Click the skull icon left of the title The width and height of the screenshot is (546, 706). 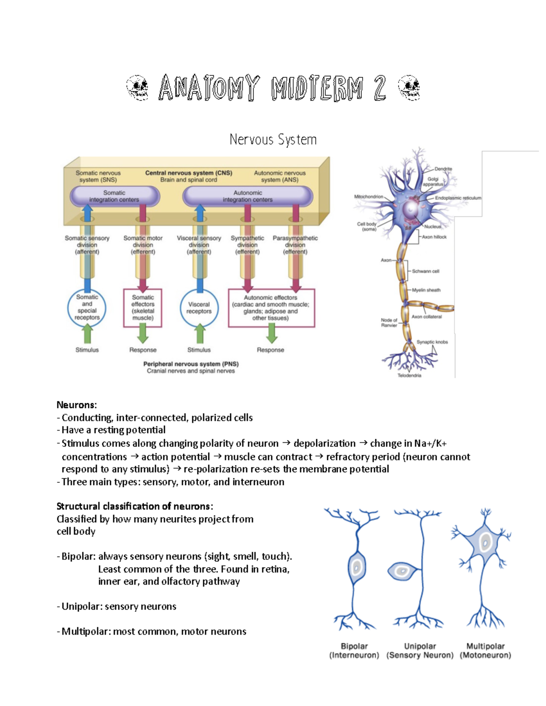point(137,88)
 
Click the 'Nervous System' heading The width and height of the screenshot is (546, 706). point(273,140)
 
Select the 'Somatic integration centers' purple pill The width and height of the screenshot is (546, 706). point(114,196)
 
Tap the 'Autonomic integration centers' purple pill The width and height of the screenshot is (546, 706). point(248,196)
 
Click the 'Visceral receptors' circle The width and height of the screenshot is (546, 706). point(199,308)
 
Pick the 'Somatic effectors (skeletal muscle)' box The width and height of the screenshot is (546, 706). point(143,308)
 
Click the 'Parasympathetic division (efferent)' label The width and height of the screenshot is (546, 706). point(295,245)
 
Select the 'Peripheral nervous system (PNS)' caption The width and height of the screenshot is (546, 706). point(191,364)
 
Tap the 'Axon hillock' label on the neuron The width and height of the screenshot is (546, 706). point(434,237)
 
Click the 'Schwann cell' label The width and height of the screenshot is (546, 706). point(425,271)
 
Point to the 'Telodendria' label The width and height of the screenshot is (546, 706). point(409,376)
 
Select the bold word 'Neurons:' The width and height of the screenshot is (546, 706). point(76,405)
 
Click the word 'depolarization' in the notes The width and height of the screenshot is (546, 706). point(324,443)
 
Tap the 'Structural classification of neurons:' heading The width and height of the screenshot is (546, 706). point(135,506)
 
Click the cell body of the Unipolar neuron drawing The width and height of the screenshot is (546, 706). point(402,571)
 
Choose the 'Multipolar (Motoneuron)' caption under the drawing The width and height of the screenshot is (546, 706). point(485,651)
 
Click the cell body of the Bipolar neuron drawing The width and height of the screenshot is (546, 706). point(357,567)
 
